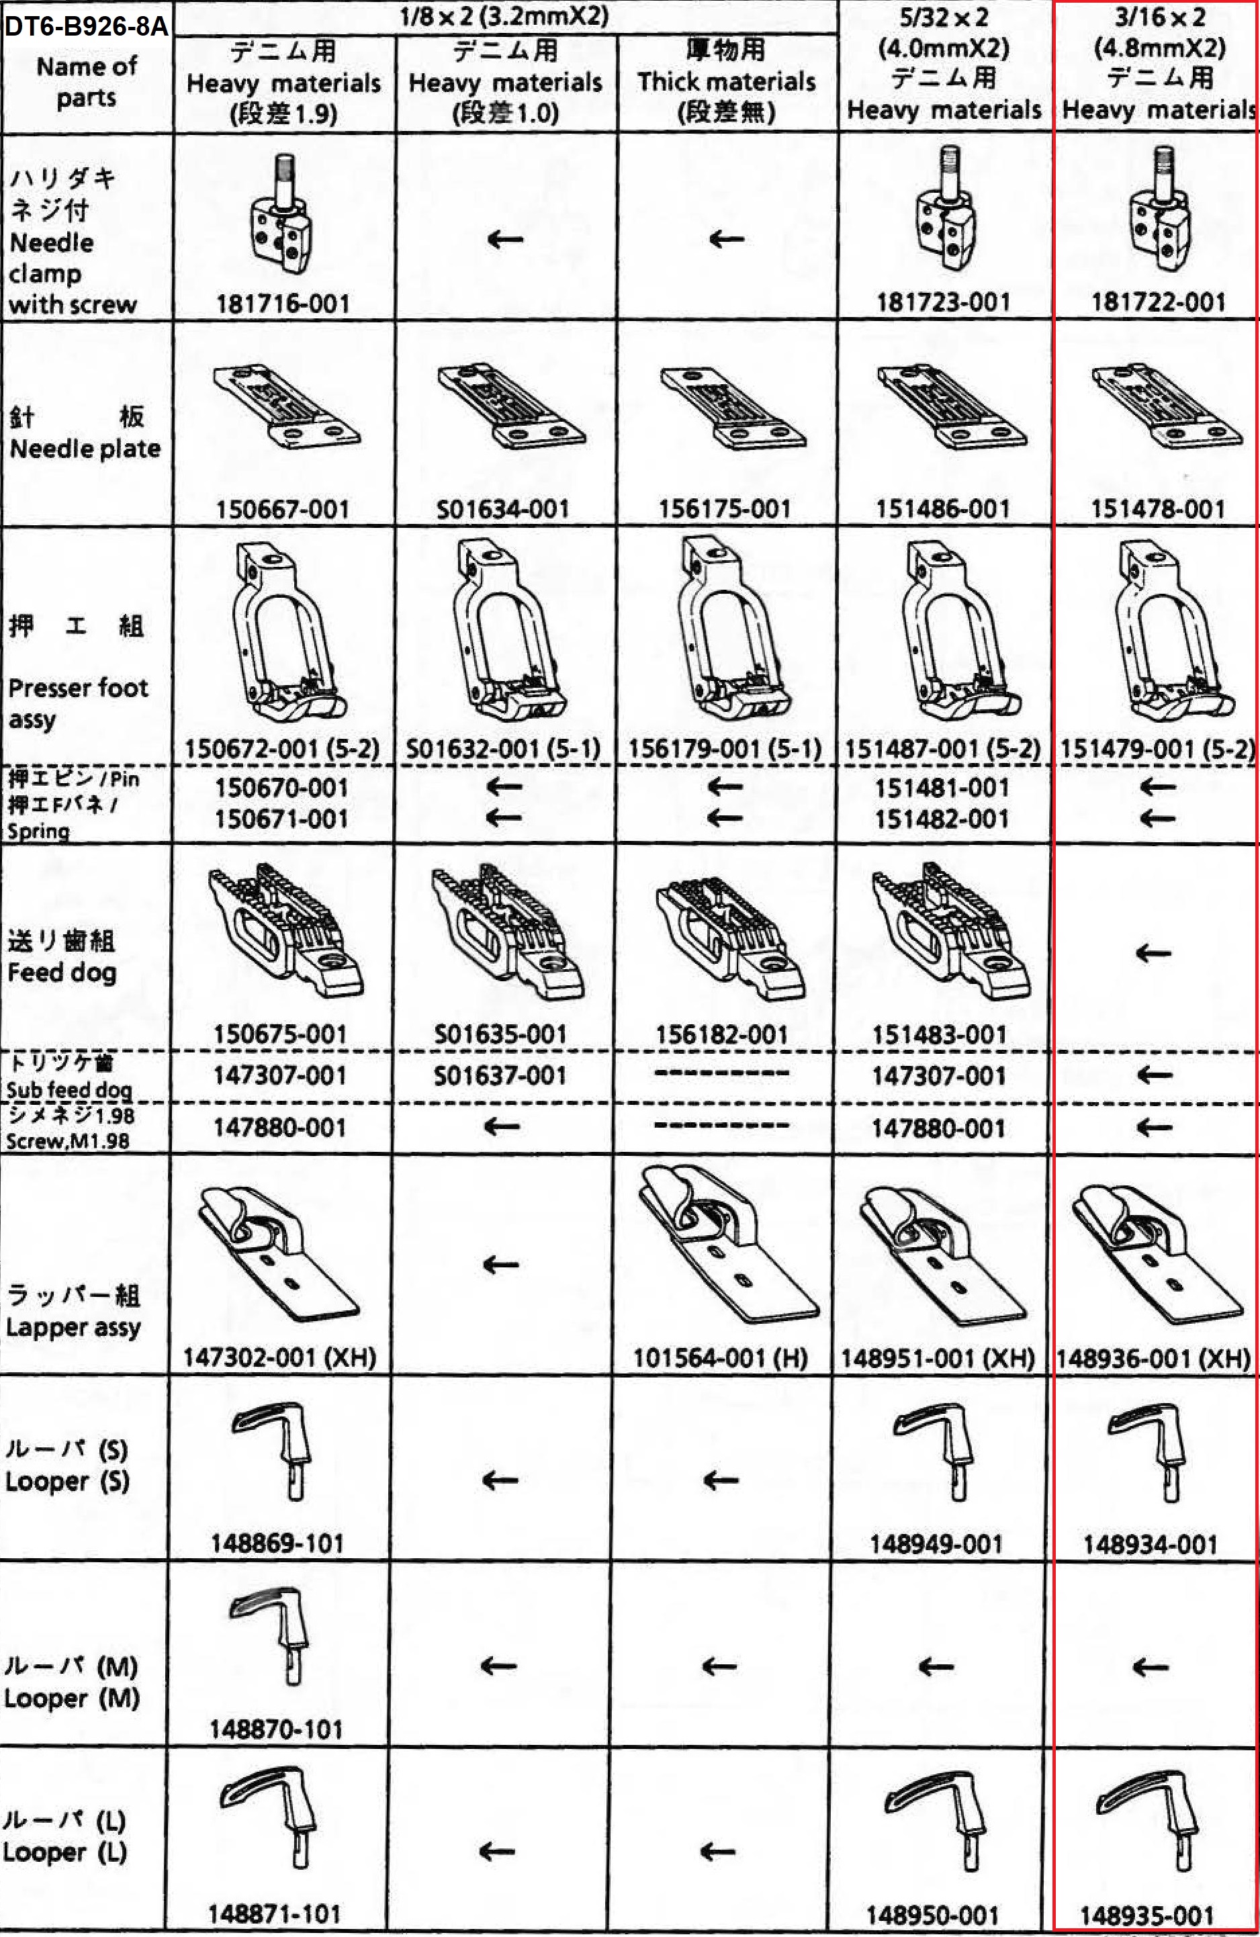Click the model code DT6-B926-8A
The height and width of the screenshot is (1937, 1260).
click(x=86, y=26)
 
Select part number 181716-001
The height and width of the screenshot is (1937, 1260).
click(x=283, y=304)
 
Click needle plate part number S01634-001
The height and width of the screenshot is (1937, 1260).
click(x=502, y=510)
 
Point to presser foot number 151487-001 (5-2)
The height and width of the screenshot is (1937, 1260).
click(x=942, y=749)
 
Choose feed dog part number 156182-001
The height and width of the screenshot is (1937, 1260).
click(x=722, y=1034)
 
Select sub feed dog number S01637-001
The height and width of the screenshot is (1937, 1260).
click(x=500, y=1076)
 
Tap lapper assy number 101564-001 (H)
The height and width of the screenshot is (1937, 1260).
click(x=721, y=1357)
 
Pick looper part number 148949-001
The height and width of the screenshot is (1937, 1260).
click(x=936, y=1544)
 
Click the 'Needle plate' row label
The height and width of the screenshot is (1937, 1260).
click(x=85, y=449)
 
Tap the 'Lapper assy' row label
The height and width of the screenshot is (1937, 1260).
click(x=73, y=1327)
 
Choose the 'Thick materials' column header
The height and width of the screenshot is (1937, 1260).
click(x=726, y=81)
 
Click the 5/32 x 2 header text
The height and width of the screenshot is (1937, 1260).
click(x=944, y=17)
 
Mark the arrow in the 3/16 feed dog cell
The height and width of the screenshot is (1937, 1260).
click(x=1153, y=953)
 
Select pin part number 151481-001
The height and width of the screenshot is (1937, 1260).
click(x=942, y=788)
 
